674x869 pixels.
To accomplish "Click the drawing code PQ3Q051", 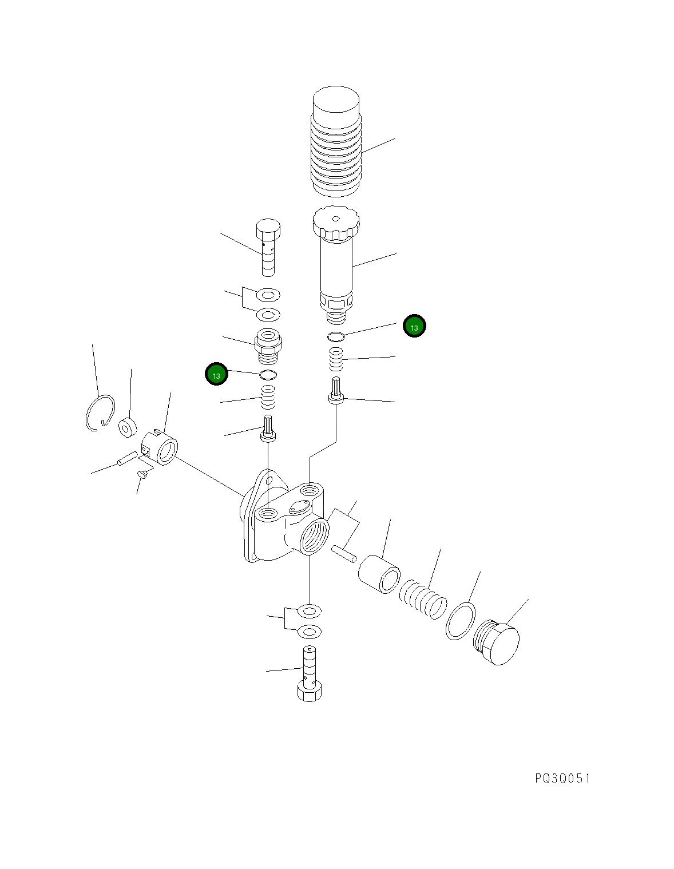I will coord(562,779).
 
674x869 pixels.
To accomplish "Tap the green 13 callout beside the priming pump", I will coord(414,327).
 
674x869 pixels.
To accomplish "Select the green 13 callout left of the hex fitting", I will coord(216,375).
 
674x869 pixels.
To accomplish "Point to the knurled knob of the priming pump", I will coord(335,223).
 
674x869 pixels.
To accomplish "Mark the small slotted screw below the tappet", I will coord(143,474).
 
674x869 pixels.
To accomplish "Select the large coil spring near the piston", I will coord(423,599).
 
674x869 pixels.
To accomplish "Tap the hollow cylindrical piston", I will coord(379,574).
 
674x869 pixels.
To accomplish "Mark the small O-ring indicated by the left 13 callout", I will coord(268,375).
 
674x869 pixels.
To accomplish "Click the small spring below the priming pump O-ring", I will coord(336,359).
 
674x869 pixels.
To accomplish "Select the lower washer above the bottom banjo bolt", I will coord(310,632).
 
